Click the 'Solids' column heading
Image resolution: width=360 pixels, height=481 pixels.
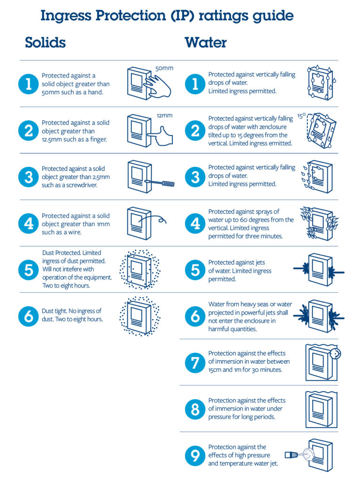[45, 43]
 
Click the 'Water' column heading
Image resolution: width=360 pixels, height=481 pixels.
[205, 43]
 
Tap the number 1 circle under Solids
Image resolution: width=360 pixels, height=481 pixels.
[28, 84]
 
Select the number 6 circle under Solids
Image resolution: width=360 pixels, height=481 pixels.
[28, 316]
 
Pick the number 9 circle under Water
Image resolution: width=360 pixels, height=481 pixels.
[195, 456]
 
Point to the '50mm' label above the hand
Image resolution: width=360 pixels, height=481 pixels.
[164, 69]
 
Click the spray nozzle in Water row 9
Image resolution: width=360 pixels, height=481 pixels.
[291, 454]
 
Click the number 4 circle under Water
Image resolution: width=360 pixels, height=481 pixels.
[195, 224]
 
